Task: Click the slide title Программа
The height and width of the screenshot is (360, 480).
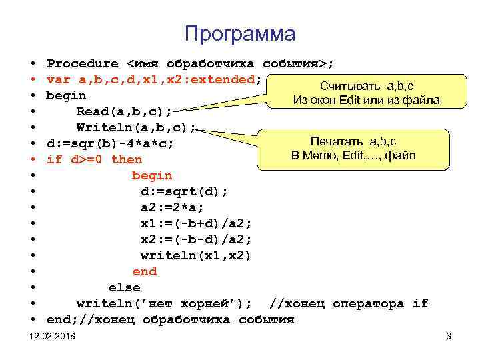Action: [x=239, y=33]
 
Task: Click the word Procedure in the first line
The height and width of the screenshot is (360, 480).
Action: [x=83, y=64]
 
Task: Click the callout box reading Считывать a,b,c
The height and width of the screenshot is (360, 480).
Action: [x=366, y=93]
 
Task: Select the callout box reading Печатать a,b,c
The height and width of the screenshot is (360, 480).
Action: [x=353, y=149]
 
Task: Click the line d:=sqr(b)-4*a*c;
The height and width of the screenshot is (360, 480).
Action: [x=111, y=143]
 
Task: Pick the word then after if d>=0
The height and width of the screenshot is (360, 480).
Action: [x=127, y=159]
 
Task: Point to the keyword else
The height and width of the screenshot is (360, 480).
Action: [x=125, y=287]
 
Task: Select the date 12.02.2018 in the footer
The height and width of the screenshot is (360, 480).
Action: [x=53, y=337]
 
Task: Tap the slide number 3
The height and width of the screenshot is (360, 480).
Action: [x=449, y=337]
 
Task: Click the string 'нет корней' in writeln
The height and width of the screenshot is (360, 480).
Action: [x=201, y=303]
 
